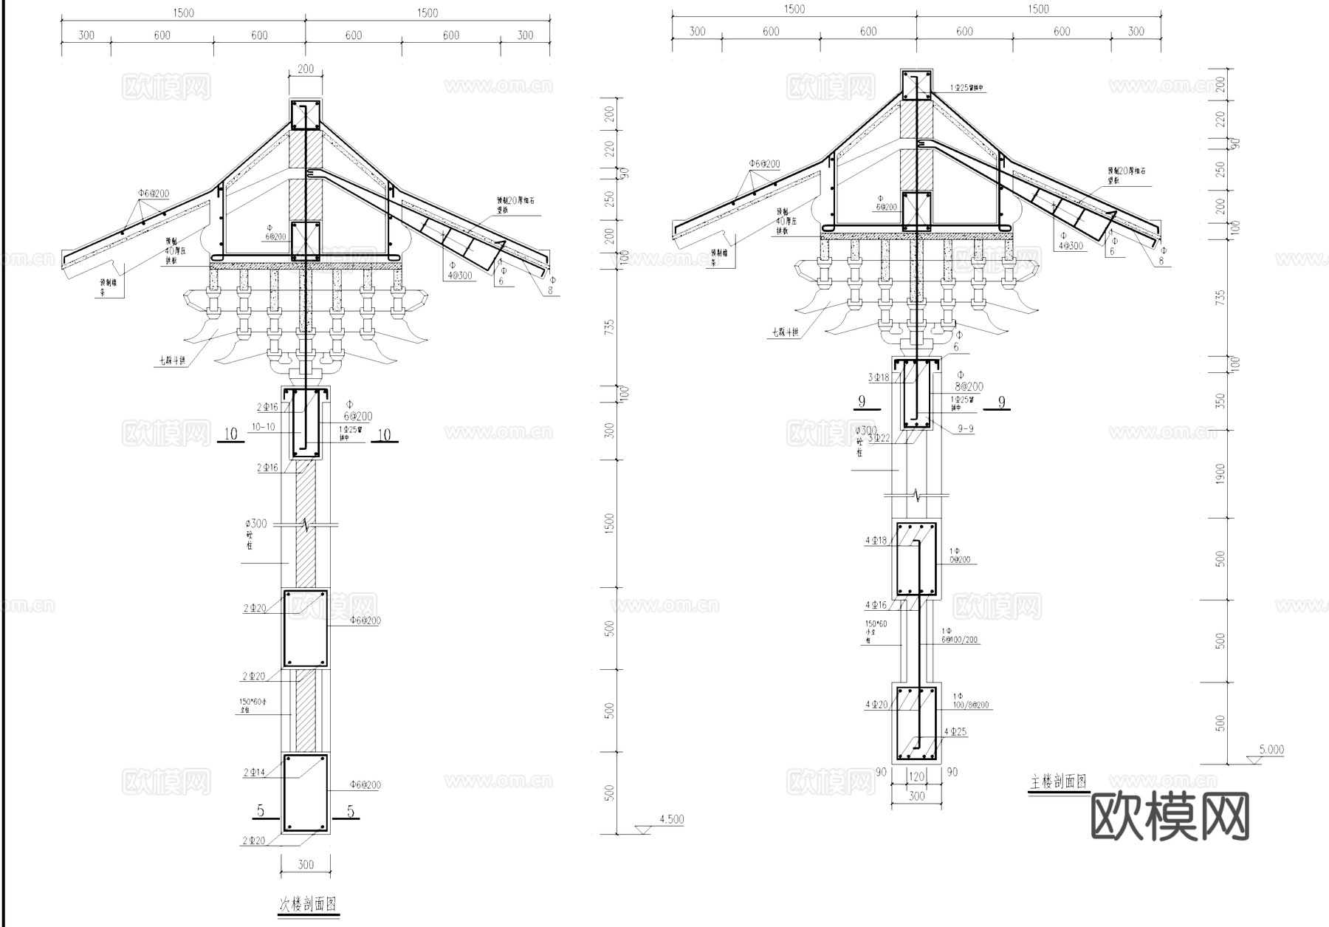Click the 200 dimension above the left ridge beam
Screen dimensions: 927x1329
click(x=305, y=69)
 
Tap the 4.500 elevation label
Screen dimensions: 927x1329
click(x=671, y=819)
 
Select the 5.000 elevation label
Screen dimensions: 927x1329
click(x=1271, y=749)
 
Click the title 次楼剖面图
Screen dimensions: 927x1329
click(x=308, y=903)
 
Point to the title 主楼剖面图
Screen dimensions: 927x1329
click(x=1058, y=781)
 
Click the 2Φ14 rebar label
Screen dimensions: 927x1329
click(x=254, y=773)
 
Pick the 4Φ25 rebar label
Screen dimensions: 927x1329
click(x=955, y=732)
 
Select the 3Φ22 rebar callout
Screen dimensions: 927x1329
click(x=879, y=438)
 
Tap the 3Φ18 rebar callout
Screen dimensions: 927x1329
click(x=879, y=377)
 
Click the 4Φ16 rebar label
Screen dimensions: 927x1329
click(x=876, y=605)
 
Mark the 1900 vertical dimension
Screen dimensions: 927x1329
click(x=1220, y=473)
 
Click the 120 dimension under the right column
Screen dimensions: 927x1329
click(x=916, y=776)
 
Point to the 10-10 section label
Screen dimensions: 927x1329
click(x=263, y=427)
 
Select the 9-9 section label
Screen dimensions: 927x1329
click(x=965, y=428)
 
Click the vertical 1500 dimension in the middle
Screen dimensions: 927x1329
click(x=609, y=524)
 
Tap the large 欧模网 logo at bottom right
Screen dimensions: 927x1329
click(x=1170, y=816)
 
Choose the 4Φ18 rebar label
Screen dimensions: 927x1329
click(x=876, y=541)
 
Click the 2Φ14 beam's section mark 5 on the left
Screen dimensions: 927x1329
click(x=260, y=811)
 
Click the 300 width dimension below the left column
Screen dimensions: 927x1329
click(x=305, y=864)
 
